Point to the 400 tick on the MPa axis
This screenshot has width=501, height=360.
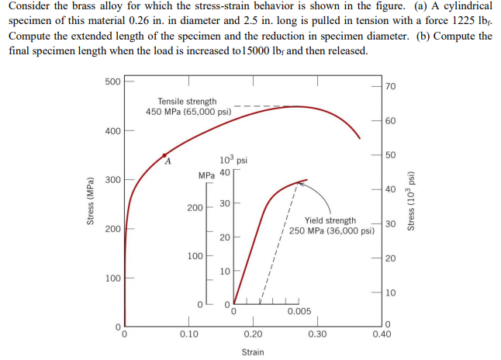click(112, 130)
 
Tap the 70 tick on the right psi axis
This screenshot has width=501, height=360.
click(390, 85)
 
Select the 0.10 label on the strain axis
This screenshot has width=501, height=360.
click(188, 334)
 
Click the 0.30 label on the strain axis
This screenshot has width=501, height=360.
click(316, 334)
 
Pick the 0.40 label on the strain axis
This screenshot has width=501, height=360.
click(381, 334)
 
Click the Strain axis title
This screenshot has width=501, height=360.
click(252, 352)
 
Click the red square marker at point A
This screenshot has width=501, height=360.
click(164, 155)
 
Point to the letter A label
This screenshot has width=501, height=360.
click(167, 163)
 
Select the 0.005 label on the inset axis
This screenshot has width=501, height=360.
click(299, 311)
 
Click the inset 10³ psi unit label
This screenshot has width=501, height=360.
click(233, 159)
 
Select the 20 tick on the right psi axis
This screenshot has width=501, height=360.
click(390, 258)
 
